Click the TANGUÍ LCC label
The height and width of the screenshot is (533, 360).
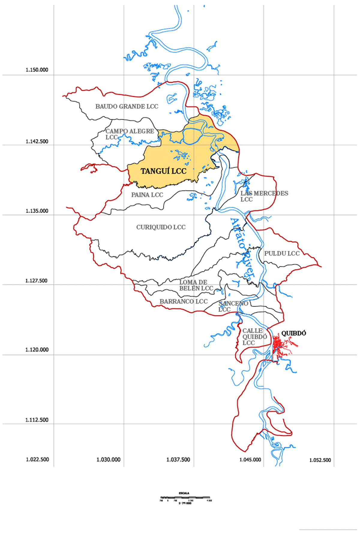click(163, 171)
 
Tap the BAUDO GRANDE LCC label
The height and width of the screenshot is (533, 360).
click(127, 106)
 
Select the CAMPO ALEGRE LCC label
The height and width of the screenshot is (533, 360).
click(130, 134)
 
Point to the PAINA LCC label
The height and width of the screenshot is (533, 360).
click(147, 195)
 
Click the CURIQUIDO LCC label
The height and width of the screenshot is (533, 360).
click(161, 227)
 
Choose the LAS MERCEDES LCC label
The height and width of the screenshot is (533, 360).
click(264, 196)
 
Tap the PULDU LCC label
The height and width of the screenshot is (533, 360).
click(282, 253)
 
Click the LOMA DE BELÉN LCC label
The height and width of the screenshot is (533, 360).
click(196, 285)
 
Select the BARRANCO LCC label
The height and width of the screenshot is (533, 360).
click(183, 301)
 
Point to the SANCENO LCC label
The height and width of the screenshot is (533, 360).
click(233, 306)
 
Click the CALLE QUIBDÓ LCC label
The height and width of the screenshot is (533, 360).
click(254, 337)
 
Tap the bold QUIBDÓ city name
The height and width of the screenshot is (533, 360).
click(293, 333)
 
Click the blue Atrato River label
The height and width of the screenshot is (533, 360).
click(242, 248)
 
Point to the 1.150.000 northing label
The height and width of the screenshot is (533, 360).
click(37, 70)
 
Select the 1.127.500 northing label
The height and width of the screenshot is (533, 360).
click(36, 281)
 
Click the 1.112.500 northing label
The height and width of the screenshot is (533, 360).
click(37, 420)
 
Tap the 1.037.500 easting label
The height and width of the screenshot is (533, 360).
click(178, 460)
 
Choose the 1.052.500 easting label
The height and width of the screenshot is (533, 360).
click(320, 460)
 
